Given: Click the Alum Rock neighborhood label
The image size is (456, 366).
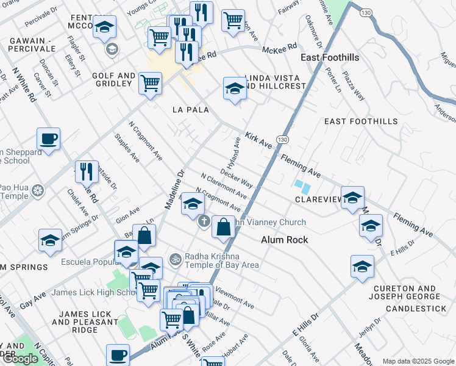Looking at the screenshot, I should (284, 240).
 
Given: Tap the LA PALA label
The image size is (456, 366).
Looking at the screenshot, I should (190, 110).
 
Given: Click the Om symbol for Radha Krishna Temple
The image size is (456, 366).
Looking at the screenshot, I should (175, 259).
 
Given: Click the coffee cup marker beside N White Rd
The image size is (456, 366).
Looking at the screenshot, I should (49, 139).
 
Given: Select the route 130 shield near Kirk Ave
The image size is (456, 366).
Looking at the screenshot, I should (282, 140).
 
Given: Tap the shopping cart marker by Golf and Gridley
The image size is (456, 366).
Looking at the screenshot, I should (150, 82).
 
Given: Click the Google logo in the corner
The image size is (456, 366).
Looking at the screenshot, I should (21, 359).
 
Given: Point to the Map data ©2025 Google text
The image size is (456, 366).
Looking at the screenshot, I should (418, 361).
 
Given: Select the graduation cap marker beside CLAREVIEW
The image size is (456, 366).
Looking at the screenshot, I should (352, 198).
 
